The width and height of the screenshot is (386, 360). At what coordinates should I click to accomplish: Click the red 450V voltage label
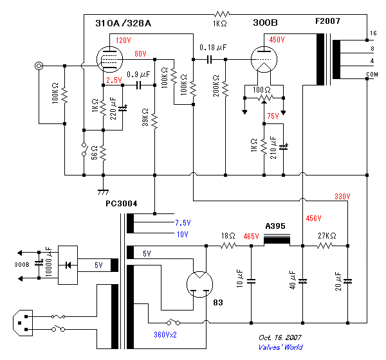(x=277, y=40)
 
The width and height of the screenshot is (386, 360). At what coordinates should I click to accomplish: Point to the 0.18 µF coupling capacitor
(x=209, y=60)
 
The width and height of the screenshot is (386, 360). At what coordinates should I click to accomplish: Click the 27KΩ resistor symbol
(x=325, y=246)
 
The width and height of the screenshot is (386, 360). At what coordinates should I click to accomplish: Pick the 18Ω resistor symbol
(x=228, y=246)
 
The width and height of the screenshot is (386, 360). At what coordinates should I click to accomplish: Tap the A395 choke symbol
(x=277, y=239)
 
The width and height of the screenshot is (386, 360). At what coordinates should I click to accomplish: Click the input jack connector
(x=39, y=66)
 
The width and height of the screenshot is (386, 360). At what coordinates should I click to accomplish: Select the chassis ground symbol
(x=103, y=192)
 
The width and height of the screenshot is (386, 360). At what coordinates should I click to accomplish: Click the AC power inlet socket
(x=23, y=323)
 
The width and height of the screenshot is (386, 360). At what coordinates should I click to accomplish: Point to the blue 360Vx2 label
(x=165, y=335)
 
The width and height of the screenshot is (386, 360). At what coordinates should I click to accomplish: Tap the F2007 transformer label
(x=327, y=21)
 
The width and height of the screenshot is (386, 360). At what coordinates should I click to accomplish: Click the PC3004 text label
(x=122, y=204)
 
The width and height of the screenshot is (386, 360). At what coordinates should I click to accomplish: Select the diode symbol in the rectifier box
(x=68, y=265)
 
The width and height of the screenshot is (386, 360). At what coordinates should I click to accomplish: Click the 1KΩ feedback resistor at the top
(x=221, y=14)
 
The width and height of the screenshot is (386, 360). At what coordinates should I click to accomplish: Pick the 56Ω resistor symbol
(x=103, y=153)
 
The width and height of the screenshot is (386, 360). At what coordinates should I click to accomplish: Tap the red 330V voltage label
(x=342, y=196)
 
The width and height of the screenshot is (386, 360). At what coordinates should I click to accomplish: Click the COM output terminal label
(x=372, y=74)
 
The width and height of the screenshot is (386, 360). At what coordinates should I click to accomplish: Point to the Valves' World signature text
(x=280, y=347)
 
